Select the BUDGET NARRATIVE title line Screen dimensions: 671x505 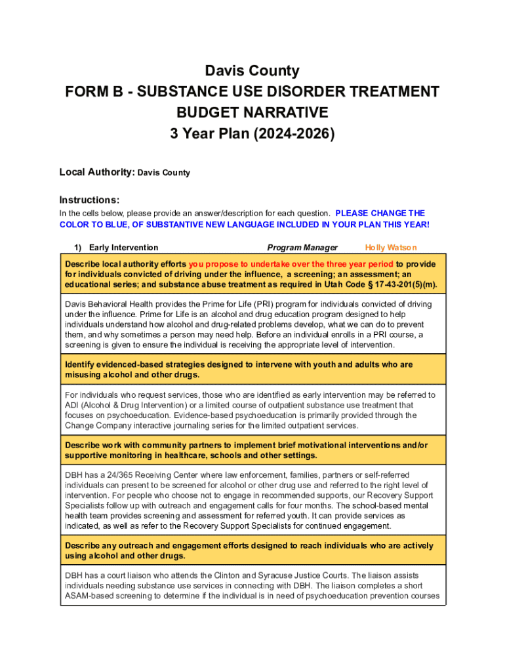pos(253,113)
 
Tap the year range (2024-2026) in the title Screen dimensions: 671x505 pos(296,134)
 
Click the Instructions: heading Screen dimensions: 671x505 pos(89,200)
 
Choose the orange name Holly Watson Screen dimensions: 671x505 pos(391,247)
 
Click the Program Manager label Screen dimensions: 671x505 pos(302,247)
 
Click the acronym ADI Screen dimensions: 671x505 pos(73,405)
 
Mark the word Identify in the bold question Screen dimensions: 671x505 pos(81,364)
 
